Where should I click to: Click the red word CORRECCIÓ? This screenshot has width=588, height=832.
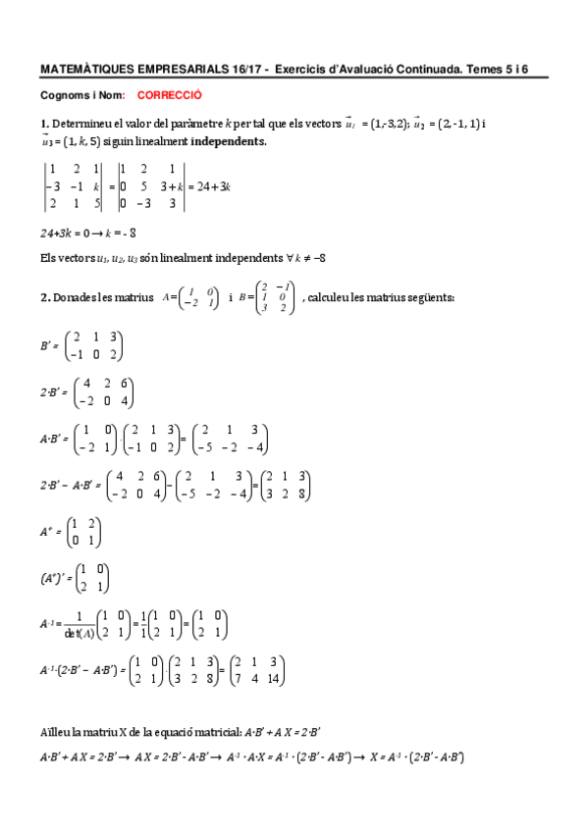click(x=169, y=97)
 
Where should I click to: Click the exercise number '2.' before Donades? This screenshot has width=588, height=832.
click(x=44, y=297)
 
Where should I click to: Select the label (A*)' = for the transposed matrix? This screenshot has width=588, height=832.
click(x=57, y=579)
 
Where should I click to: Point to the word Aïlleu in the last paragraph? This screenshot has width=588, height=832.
click(x=56, y=733)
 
